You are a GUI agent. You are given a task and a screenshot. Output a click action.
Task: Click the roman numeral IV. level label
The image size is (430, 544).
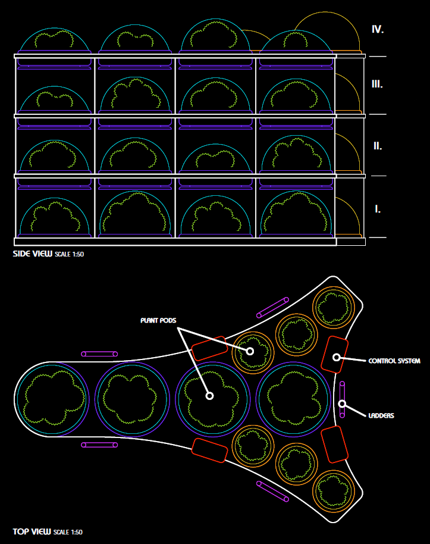point(378,29)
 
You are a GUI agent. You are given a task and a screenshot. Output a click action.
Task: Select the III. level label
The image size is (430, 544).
point(377,84)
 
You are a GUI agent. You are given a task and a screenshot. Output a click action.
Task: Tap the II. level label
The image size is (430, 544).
point(377,146)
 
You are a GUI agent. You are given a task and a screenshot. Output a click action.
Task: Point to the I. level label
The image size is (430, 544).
point(378,209)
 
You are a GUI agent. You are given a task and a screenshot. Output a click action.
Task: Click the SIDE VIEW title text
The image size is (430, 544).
point(33,254)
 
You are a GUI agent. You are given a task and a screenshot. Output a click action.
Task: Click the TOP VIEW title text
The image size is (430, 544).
point(32,532)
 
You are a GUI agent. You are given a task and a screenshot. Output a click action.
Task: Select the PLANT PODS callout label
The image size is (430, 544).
point(158,320)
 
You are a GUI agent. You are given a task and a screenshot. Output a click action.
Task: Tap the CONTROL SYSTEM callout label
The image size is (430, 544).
point(394,361)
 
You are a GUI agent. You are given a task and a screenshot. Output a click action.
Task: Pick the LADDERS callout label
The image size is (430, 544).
point(381,415)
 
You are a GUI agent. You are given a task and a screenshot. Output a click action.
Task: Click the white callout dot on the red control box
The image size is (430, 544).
point(336,357)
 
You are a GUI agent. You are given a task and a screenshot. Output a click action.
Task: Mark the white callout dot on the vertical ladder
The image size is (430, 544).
point(343,404)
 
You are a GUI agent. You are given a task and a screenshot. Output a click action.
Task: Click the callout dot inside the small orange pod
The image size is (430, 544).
point(250,351)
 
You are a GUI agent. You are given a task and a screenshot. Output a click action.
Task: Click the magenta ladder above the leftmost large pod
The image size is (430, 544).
point(100,354)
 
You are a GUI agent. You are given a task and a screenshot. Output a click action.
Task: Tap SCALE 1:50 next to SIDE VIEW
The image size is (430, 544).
point(70,254)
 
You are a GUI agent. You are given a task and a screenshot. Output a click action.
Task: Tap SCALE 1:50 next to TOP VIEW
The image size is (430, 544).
point(68,532)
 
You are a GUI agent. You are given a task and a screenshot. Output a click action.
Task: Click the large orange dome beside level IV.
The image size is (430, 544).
point(327,33)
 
